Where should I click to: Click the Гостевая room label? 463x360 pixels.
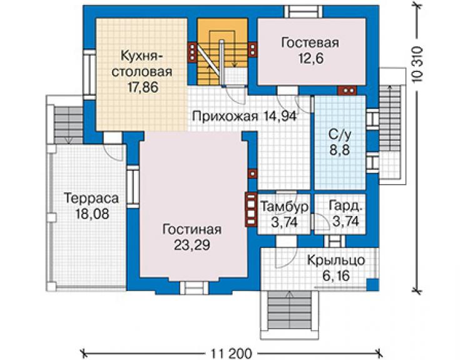tap(310, 43)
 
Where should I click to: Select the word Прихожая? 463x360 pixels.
tap(225, 116)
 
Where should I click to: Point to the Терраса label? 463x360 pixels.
tap(91, 198)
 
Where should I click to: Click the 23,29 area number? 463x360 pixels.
tap(192, 245)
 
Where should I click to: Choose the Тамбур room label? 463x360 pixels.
tap(284, 207)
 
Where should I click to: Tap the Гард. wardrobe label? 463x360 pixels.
tap(345, 207)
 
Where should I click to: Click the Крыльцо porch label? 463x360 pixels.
tap(336, 260)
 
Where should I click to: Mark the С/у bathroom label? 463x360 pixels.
tap(340, 135)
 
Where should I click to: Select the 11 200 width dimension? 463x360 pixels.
tap(232, 353)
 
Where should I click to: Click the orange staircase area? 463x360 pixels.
tap(222, 52)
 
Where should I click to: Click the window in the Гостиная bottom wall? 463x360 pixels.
tap(194, 287)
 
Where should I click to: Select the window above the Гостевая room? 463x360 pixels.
tap(303, 12)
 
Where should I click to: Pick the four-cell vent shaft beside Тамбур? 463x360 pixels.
tap(251, 210)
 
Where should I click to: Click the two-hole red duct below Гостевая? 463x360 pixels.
tap(347, 90)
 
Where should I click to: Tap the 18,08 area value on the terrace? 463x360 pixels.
tap(92, 213)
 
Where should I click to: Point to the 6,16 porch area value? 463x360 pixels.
tap(336, 275)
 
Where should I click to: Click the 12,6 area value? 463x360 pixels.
tap(310, 58)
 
